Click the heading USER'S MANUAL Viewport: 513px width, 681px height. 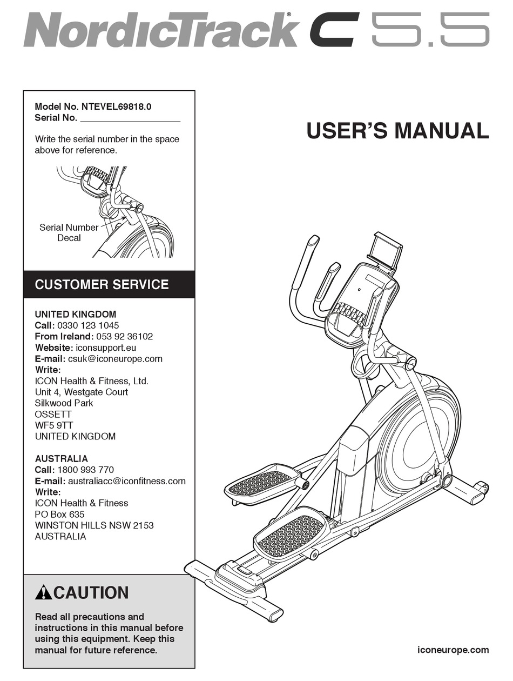(397, 131)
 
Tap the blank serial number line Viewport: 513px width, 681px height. (130, 118)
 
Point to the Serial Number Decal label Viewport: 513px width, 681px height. (69, 232)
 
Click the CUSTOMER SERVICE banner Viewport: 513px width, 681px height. (102, 284)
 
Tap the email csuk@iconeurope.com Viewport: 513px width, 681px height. (115, 358)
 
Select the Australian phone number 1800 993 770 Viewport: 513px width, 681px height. (85, 470)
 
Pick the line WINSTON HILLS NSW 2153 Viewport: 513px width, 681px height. (90, 525)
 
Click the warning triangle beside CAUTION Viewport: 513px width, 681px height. (43, 593)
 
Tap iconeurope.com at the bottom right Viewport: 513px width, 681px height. (454, 650)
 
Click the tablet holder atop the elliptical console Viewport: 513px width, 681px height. (385, 250)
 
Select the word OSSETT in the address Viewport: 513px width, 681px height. (53, 414)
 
